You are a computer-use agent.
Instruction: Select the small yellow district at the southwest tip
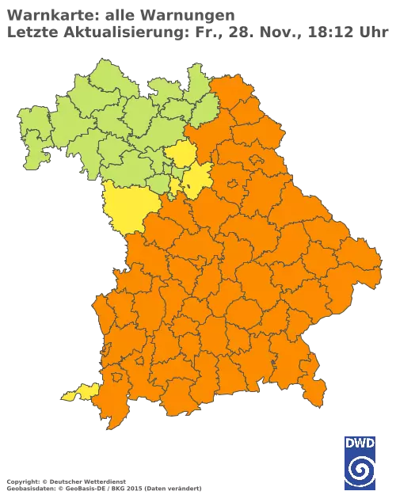point(80,391)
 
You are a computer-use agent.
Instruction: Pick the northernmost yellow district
point(181,154)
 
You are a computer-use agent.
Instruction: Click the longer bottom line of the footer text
point(103,482)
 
